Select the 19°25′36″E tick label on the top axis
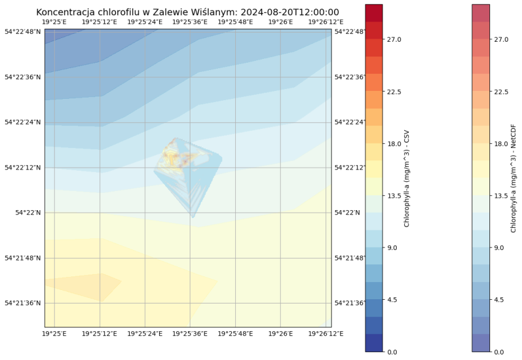190,22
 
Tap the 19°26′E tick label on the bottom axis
281,334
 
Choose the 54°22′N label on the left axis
28,213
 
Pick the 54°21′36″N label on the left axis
23,303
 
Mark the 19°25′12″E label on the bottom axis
99,334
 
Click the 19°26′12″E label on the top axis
326,22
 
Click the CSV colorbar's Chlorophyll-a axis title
407,178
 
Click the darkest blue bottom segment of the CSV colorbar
374,343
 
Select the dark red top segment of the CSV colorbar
374,13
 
